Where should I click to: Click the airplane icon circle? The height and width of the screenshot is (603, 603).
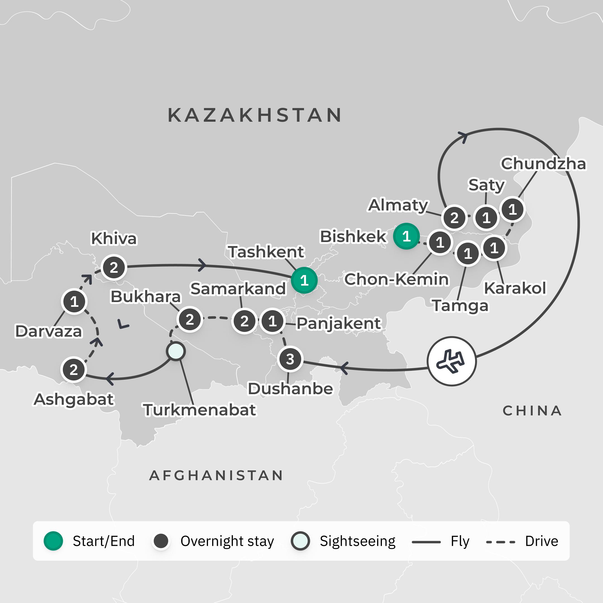451,361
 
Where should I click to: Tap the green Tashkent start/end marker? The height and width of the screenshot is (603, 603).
304,280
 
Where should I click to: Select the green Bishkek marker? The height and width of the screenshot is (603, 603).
406,236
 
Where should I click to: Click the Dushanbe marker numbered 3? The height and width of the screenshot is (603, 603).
290,359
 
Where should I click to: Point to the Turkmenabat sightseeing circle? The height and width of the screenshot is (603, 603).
176,351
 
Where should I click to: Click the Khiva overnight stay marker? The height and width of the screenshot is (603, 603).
114,267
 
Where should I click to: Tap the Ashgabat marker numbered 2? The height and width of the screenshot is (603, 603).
74,370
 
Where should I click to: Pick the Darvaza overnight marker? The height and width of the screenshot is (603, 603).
74,301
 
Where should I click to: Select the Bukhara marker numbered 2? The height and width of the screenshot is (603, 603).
190,320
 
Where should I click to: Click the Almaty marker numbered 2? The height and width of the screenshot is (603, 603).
454,217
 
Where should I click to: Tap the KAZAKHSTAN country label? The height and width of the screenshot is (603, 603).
255,115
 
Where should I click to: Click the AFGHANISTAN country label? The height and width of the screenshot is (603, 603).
216,475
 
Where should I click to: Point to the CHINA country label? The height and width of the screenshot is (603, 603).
532,411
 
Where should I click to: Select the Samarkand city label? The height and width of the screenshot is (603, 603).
238,288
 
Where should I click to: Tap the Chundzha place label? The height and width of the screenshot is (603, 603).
543,164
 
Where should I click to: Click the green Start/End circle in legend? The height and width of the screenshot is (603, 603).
53,541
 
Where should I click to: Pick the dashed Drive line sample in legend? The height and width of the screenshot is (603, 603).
500,542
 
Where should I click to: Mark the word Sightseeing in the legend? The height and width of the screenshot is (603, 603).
357,541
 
